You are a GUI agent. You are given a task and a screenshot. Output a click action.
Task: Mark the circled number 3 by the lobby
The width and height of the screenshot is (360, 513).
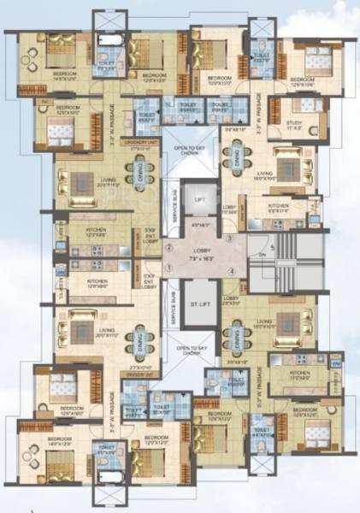[x=231, y=239]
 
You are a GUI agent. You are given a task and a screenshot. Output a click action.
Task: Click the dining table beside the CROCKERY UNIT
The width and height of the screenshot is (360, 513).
[x=140, y=174]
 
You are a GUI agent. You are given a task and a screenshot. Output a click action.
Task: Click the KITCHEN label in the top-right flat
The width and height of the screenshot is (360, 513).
[x=279, y=207]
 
